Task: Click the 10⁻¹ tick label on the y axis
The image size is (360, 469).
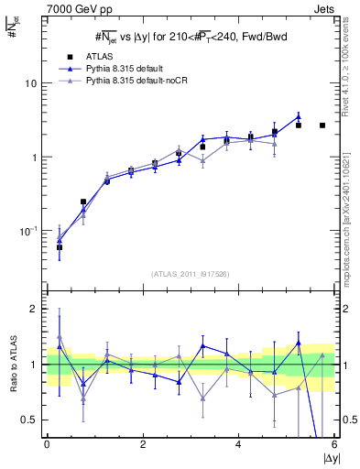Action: pos(29,231)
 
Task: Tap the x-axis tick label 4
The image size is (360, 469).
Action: pos(238,444)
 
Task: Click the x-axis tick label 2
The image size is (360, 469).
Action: pos(143,444)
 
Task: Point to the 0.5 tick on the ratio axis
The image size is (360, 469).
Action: pos(29,420)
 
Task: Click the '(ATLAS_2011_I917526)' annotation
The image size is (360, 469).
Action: pos(190,275)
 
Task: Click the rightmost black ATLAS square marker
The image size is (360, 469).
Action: pos(322,125)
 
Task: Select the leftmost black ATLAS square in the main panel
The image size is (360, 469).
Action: pos(60,247)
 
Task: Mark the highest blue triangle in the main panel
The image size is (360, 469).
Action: pos(299,116)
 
